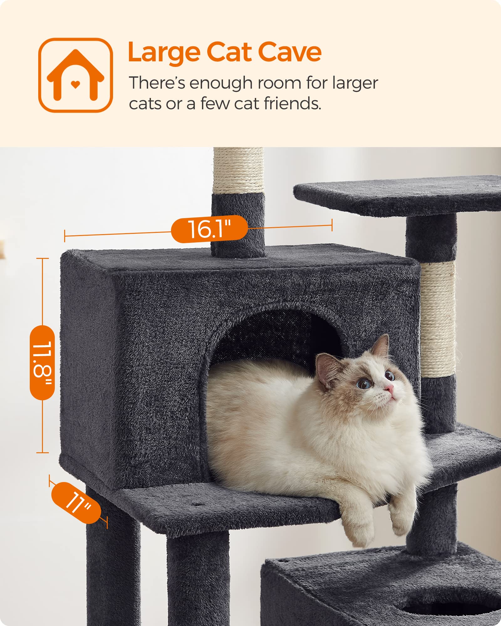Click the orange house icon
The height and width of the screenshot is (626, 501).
[x=75, y=75]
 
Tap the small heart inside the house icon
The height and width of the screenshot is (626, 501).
[x=75, y=84]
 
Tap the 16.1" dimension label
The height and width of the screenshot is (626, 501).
[x=209, y=229]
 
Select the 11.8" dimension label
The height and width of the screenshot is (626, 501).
[x=42, y=362]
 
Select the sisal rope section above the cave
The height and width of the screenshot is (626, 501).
[x=239, y=171]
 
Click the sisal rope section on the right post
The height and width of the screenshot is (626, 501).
[x=438, y=319]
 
